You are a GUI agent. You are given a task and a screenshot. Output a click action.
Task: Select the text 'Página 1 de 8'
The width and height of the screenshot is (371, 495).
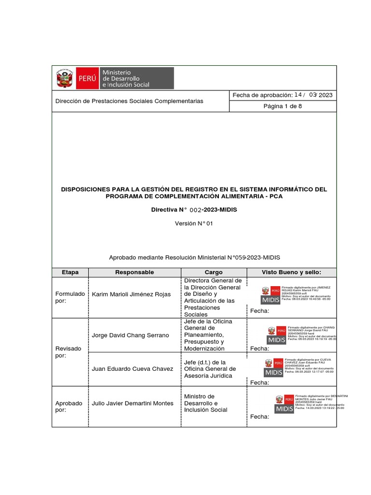(282, 106)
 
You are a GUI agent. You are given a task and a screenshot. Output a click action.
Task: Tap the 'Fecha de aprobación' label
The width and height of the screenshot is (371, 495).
(263, 95)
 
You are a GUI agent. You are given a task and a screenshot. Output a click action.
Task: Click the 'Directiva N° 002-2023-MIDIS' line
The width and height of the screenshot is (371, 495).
(194, 210)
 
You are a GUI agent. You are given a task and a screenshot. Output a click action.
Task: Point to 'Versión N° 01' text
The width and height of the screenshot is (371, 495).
(194, 223)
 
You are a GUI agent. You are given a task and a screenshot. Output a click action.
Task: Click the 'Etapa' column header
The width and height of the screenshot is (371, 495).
(70, 272)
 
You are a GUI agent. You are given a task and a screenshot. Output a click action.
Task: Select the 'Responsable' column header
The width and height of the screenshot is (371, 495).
(134, 272)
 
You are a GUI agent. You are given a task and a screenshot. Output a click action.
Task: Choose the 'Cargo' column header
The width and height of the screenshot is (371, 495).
(214, 272)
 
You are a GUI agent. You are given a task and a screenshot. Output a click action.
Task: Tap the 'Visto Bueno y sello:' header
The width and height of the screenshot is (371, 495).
(291, 272)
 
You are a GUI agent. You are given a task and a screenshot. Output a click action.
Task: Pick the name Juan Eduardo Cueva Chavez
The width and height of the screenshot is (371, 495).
(132, 369)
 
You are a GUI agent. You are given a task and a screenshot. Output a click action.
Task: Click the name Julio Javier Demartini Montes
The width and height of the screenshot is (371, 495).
(132, 403)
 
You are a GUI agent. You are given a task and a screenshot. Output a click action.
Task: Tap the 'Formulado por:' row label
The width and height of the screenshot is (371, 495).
(70, 297)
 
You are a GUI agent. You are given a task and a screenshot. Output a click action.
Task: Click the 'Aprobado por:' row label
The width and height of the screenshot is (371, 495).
(69, 407)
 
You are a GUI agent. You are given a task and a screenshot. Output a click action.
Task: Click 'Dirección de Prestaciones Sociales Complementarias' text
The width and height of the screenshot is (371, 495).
(129, 101)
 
